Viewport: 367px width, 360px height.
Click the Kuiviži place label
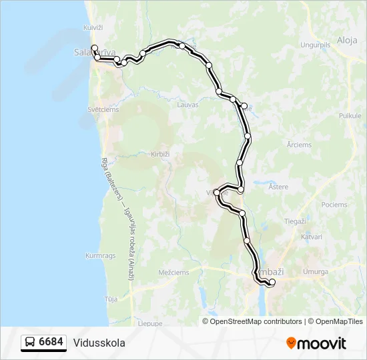[93, 27]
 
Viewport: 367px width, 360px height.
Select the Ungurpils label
[316, 45]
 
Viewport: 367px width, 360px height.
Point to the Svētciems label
[103, 110]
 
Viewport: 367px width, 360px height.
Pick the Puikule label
[350, 116]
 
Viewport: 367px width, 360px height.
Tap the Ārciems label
[299, 145]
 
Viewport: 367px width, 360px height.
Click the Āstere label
[278, 187]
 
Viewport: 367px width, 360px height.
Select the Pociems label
[334, 205]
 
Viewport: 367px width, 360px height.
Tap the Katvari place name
[311, 237]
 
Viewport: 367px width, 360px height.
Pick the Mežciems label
[174, 272]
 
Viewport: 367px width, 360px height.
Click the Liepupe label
[150, 323]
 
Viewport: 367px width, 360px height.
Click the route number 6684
[51, 343]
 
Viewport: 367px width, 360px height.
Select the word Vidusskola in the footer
[99, 343]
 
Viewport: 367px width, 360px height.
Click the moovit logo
[316, 343]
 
